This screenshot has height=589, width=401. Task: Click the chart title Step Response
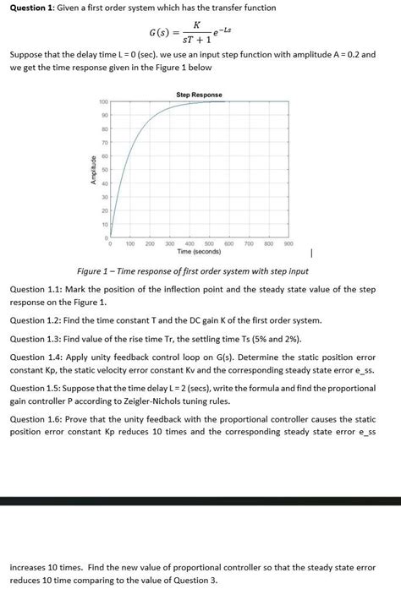pyautogui.click(x=199, y=95)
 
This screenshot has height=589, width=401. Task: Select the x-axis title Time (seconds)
pyautogui.click(x=199, y=251)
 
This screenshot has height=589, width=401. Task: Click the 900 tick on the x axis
pyautogui.click(x=288, y=243)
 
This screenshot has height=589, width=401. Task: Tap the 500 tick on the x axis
pyautogui.click(x=208, y=243)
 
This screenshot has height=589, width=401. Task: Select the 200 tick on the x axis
pyautogui.click(x=150, y=243)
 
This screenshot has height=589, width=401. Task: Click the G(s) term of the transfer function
pyautogui.click(x=162, y=34)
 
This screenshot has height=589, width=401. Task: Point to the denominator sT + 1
pyautogui.click(x=196, y=41)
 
